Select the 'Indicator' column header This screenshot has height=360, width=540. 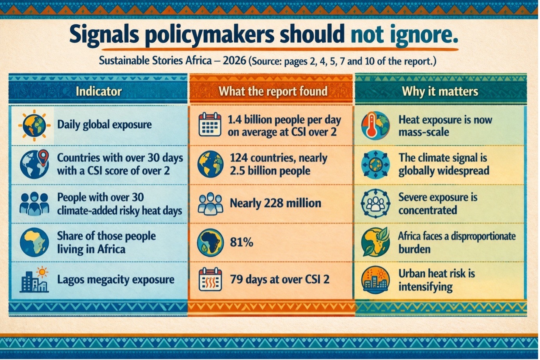(x=98, y=91)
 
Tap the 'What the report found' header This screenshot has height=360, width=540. (x=272, y=91)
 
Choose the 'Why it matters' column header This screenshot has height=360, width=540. (x=440, y=91)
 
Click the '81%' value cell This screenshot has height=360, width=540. (x=242, y=242)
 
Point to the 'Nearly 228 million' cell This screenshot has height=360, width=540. (x=275, y=203)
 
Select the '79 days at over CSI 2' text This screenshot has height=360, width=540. (x=279, y=280)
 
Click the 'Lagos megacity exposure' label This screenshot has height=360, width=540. (x=115, y=280)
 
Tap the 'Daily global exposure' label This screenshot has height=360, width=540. (x=104, y=125)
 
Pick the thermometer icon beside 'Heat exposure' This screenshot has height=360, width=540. (x=375, y=125)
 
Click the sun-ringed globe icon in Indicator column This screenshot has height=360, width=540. (x=34, y=125)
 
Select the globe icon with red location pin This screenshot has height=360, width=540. (x=34, y=164)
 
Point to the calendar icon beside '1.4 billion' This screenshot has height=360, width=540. (x=210, y=125)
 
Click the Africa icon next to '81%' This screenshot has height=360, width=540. (x=210, y=242)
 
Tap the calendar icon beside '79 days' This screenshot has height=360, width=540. (x=210, y=280)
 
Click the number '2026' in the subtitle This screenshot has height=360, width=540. (x=234, y=61)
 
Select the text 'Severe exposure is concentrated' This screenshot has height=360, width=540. (x=437, y=203)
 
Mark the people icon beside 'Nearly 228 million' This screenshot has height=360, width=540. (x=210, y=203)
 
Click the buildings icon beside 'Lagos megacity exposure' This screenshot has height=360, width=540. (x=34, y=280)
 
